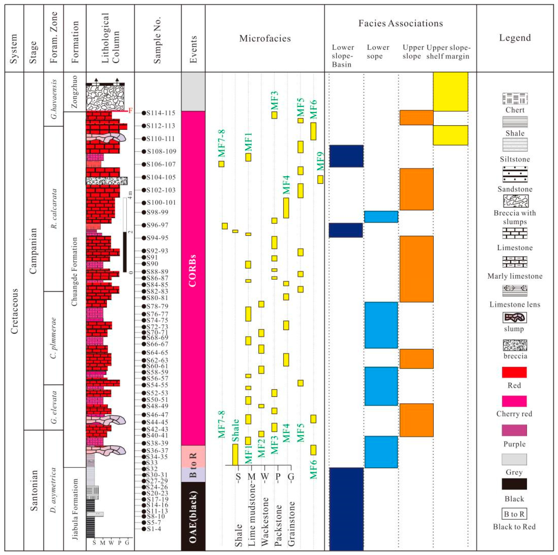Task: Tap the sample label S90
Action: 152,264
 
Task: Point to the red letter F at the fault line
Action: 130,111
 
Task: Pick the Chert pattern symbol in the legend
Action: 515,99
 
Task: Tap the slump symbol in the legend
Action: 514,318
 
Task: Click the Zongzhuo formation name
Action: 75,92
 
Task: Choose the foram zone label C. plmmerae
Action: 53,338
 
